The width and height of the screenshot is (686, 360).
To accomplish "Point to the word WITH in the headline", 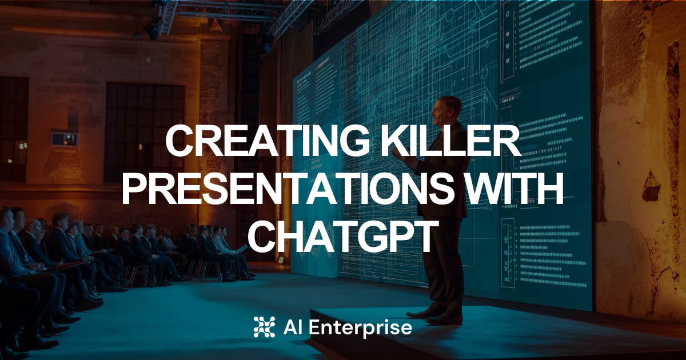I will point(516,190).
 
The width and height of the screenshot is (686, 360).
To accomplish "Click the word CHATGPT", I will point(342,238).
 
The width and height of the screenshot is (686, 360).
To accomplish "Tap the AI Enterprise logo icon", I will point(264,327).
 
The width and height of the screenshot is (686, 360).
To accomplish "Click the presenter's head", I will point(448,110).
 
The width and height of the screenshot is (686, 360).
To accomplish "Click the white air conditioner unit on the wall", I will point(64,139).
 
